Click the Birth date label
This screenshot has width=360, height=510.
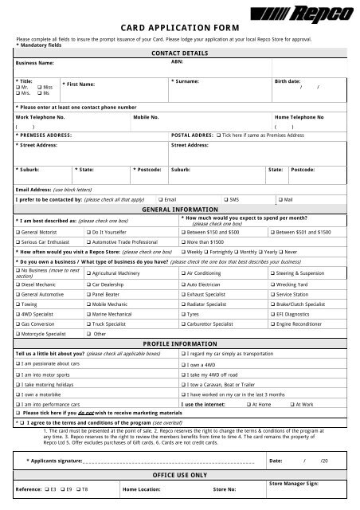(288, 81)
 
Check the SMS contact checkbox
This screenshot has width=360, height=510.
(227, 199)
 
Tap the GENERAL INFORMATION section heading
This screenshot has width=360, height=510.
(179, 209)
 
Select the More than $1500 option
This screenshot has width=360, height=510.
(184, 239)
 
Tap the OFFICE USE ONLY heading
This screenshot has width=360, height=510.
(179, 474)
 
